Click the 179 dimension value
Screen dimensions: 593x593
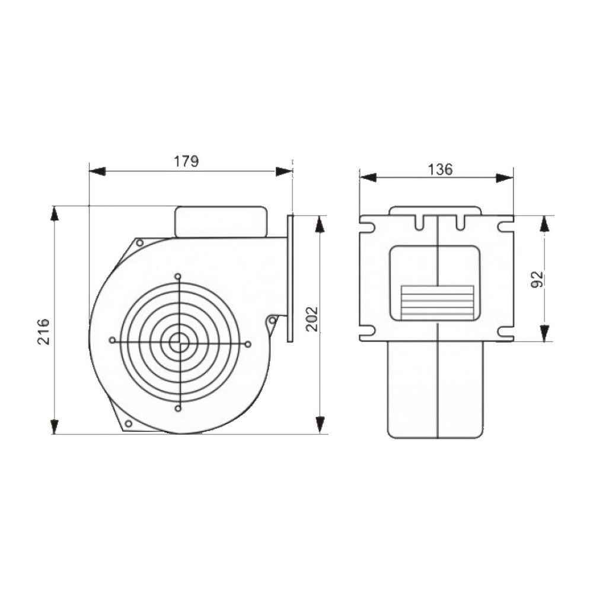(186, 161)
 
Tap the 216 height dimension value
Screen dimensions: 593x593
(44, 331)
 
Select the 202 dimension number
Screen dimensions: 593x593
(312, 319)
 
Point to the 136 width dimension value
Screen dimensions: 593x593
(440, 170)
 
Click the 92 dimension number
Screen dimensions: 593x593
(537, 279)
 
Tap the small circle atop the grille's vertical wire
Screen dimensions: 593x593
(178, 276)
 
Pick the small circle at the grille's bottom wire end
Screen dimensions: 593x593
(178, 408)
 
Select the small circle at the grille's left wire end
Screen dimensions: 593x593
(112, 340)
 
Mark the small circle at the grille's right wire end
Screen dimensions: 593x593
(248, 344)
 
